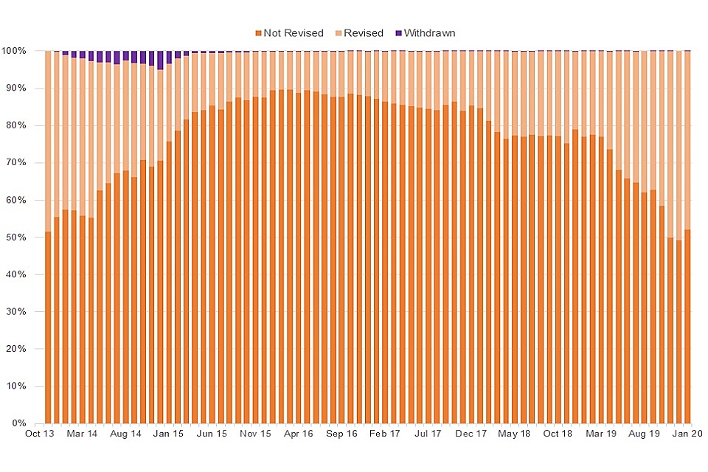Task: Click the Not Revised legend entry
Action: coord(293,33)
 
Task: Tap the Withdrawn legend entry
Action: coord(428,33)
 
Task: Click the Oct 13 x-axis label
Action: coord(39,434)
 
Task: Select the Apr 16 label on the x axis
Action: coord(299,434)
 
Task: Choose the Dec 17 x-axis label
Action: coord(471,434)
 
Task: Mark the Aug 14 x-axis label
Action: coord(125,434)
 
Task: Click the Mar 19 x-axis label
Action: coord(601,434)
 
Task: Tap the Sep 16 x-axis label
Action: coord(341,434)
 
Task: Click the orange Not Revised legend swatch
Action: coord(258,33)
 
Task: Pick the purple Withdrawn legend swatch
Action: coord(399,33)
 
